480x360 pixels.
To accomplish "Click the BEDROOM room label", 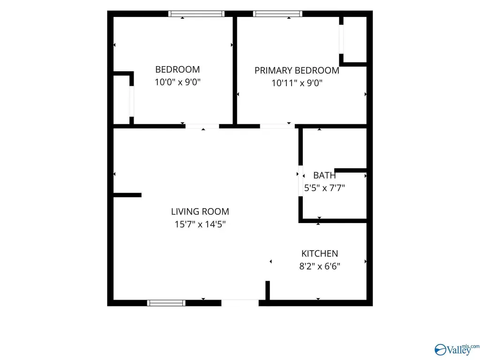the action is [x=178, y=69].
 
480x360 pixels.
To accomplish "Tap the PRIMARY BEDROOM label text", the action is [x=297, y=70].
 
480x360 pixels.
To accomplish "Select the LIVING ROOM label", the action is [x=200, y=211].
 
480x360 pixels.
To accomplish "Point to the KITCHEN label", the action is [x=320, y=254].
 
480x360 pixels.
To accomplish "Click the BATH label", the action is [x=324, y=175].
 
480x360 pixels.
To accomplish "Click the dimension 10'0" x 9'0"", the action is [x=178, y=82].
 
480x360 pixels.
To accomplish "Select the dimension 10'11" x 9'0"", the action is [x=297, y=83].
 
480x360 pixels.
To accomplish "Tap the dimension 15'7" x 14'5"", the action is [x=200, y=224].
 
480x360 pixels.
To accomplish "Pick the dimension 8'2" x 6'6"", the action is [x=320, y=266].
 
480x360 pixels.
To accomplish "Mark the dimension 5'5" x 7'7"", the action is [x=324, y=187].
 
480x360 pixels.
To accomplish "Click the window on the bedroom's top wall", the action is [x=196, y=14].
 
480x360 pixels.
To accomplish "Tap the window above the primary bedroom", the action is [x=277, y=14].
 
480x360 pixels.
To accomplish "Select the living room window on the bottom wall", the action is [x=166, y=303].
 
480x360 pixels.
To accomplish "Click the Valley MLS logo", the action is [x=457, y=350].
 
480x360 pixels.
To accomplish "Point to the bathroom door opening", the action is [x=300, y=180].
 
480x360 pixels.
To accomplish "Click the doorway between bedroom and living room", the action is [x=202, y=126].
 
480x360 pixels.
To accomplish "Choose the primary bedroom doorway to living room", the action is [x=277, y=126].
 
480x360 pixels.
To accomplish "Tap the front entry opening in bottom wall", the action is [x=240, y=303].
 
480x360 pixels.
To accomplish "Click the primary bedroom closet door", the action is [x=341, y=39].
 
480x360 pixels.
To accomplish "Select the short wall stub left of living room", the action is [x=127, y=195].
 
